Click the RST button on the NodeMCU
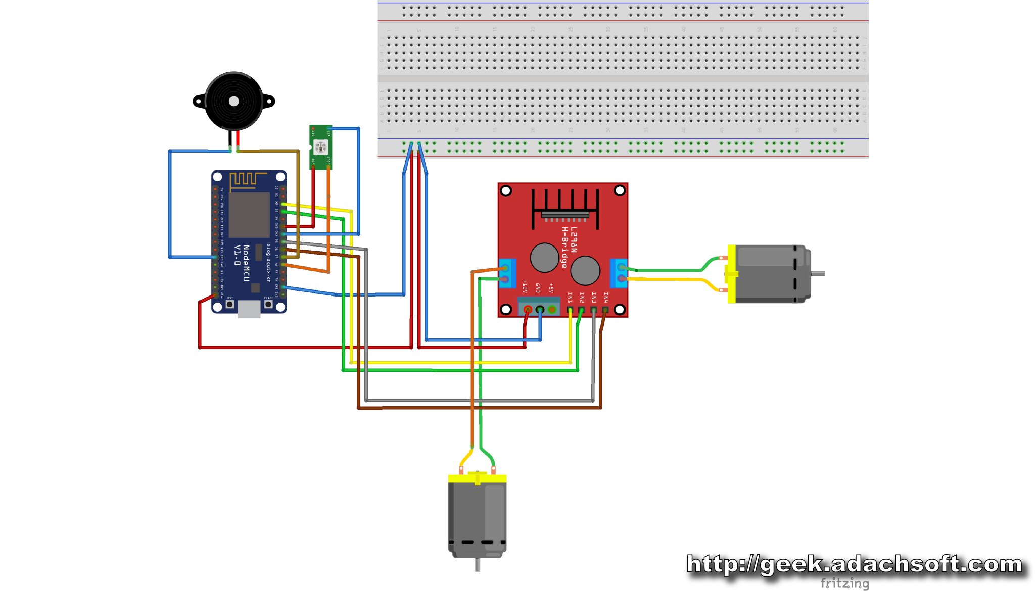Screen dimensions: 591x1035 click(x=230, y=304)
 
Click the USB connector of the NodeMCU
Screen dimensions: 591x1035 click(x=249, y=309)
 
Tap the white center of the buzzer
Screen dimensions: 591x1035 click(x=233, y=101)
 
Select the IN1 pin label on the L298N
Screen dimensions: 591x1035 click(x=570, y=298)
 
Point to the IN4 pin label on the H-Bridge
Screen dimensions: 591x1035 click(x=605, y=298)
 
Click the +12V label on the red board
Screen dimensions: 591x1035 click(x=525, y=286)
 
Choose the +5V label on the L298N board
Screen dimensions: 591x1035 click(x=551, y=288)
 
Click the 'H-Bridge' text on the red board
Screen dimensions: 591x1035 click(x=564, y=248)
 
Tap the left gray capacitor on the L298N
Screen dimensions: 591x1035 click(x=544, y=257)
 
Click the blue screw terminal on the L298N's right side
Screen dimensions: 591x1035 click(x=619, y=273)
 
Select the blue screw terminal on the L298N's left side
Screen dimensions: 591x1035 click(x=507, y=273)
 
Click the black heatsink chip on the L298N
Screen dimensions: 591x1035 click(x=565, y=215)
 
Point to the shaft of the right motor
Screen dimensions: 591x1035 click(x=818, y=274)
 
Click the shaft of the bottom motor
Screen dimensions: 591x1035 click(x=478, y=565)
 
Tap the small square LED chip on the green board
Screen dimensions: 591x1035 click(x=320, y=147)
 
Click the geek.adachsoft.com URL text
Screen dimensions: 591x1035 click(x=854, y=564)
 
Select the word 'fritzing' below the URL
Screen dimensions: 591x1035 click(x=844, y=583)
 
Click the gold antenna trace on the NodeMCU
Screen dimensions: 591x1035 click(x=248, y=179)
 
